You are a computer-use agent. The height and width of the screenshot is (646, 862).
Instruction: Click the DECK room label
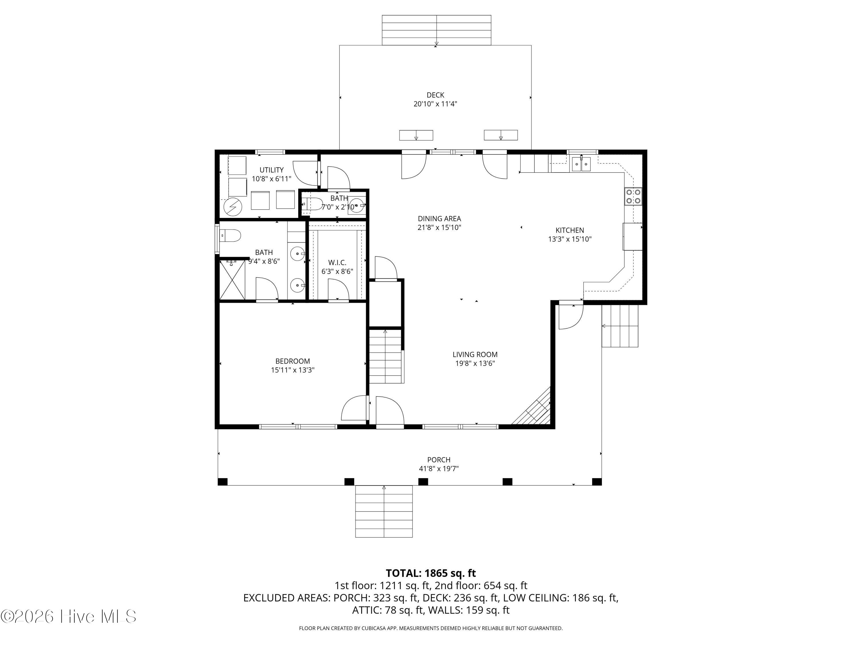click(x=435, y=95)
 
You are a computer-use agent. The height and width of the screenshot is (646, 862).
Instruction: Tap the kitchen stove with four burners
click(x=633, y=196)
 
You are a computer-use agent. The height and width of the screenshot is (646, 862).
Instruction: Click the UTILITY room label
click(x=272, y=170)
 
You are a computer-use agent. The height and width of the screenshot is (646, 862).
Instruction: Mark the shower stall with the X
click(x=233, y=280)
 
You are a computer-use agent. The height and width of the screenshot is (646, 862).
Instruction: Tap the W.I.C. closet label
click(x=337, y=263)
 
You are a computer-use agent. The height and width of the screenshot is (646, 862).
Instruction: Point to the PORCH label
click(x=439, y=460)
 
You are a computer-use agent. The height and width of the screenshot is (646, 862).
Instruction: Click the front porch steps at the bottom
click(x=384, y=511)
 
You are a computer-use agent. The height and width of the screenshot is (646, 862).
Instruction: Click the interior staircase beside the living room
click(x=385, y=356)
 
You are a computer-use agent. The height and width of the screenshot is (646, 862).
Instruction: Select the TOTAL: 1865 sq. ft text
click(x=431, y=573)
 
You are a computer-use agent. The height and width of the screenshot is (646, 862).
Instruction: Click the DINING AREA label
click(x=440, y=219)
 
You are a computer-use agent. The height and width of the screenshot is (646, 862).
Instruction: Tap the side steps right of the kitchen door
click(x=620, y=326)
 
